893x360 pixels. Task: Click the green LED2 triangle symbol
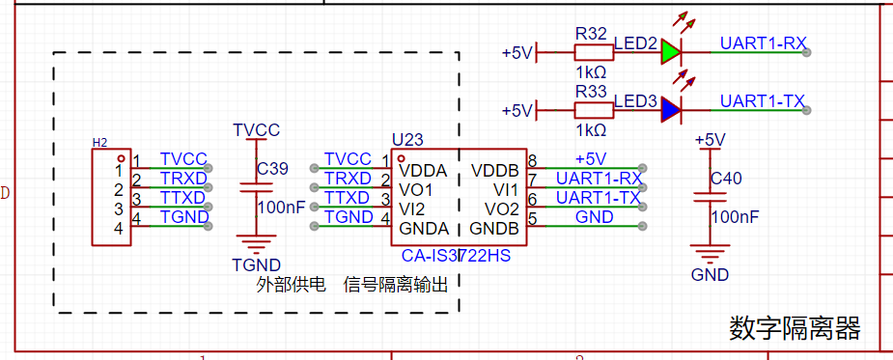(x=670, y=52)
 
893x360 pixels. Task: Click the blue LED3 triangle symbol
(x=670, y=110)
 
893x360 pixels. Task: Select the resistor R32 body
(x=594, y=52)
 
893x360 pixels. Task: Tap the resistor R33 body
(x=594, y=110)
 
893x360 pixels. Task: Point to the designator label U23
(x=407, y=140)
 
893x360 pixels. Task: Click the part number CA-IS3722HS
(x=456, y=256)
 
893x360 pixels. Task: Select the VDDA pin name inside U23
(x=423, y=170)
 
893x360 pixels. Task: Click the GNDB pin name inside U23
(x=493, y=229)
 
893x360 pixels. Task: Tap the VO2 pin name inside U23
(x=502, y=209)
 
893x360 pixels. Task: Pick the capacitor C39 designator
(x=273, y=169)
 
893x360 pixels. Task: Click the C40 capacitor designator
(x=726, y=179)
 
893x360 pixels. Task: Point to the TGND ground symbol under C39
(x=256, y=244)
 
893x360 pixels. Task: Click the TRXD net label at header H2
(x=182, y=179)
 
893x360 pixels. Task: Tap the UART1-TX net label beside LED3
(x=763, y=101)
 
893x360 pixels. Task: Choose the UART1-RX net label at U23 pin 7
(x=600, y=179)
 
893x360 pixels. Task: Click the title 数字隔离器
(x=795, y=328)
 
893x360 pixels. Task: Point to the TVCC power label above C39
(x=256, y=130)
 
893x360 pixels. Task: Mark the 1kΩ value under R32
(x=591, y=73)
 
